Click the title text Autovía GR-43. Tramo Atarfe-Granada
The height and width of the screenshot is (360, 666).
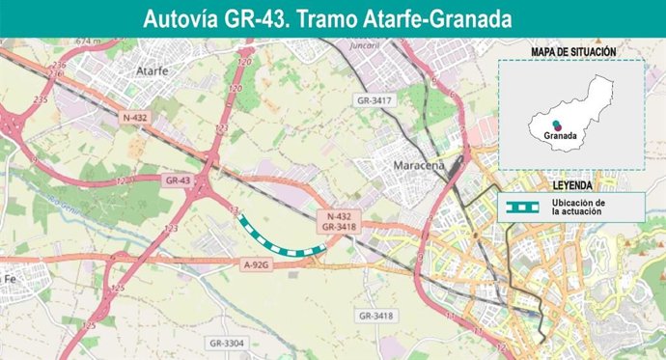coord(327,18)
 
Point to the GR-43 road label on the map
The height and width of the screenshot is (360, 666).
coord(178,180)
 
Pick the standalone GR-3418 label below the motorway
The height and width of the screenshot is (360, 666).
coord(376,316)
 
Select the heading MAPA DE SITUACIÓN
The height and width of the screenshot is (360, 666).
coord(573,51)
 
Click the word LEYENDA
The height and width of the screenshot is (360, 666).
coord(572,183)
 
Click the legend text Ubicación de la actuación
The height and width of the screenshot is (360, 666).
coord(578,207)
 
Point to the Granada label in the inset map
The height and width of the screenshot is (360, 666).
coord(560,136)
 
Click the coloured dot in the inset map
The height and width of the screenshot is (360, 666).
coord(558,124)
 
